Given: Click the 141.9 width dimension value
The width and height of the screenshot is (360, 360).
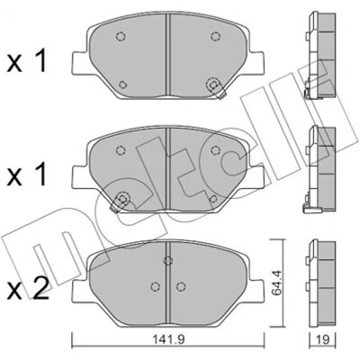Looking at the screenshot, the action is point(168,339).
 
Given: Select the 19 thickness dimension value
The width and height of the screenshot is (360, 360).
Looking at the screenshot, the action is point(323,339).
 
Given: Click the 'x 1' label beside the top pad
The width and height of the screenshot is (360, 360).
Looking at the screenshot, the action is point(27,61).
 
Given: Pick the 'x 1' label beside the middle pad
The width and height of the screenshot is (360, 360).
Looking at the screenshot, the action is point(27,174).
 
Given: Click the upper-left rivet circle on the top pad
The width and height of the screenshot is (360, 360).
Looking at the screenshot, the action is point(121,37).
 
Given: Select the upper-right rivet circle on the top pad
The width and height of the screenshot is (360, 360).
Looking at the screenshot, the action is point(215,37).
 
